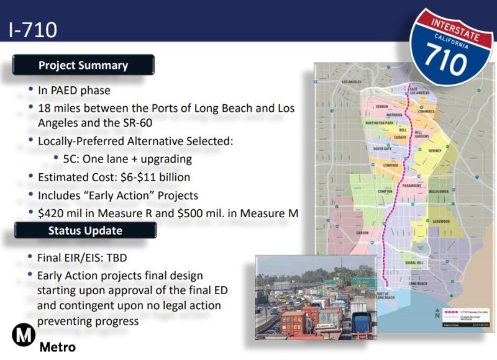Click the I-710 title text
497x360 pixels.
coord(34,30)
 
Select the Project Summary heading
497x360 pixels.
coord(83,65)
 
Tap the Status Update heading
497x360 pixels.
coord(85,230)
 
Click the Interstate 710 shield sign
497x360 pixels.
coord(452,46)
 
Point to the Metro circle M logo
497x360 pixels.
coord(24,336)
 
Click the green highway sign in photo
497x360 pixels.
coord(360,281)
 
